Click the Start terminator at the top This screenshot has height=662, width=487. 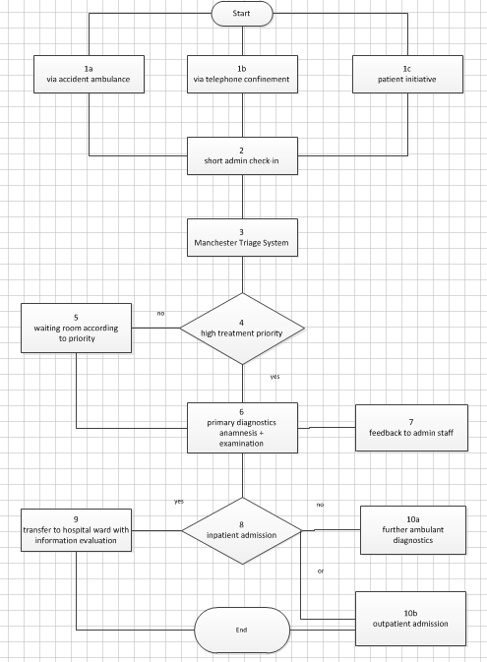pyautogui.click(x=242, y=15)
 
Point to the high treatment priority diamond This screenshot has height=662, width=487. pyautogui.click(x=242, y=329)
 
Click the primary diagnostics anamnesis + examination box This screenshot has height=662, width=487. pyautogui.click(x=242, y=428)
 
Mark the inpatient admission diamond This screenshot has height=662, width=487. pyautogui.click(x=242, y=532)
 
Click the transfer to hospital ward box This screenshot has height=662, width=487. pyautogui.click(x=76, y=532)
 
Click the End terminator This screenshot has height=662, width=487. pyautogui.click(x=242, y=630)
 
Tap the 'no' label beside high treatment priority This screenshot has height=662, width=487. pyautogui.click(x=160, y=314)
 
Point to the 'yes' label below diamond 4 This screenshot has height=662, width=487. pyautogui.click(x=274, y=376)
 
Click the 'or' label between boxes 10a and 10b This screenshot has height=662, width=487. pyautogui.click(x=321, y=571)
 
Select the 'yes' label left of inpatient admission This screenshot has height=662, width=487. pyautogui.click(x=178, y=501)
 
